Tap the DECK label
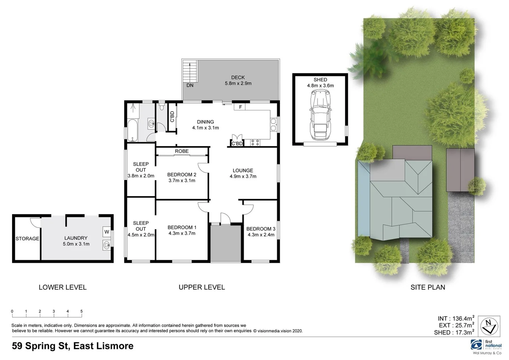238,77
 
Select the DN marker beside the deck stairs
190,85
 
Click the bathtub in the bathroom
132,130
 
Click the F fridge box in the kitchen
240,107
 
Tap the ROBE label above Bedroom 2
182,151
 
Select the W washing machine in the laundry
107,232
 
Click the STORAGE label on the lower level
27,239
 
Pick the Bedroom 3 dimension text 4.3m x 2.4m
261,235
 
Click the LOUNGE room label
243,170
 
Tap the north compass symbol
489,326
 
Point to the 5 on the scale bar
81,311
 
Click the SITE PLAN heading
428,287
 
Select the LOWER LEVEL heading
63,287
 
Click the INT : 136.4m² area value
456,319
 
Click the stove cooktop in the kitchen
255,143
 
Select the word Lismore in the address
115,346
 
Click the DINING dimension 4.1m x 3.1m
205,128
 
